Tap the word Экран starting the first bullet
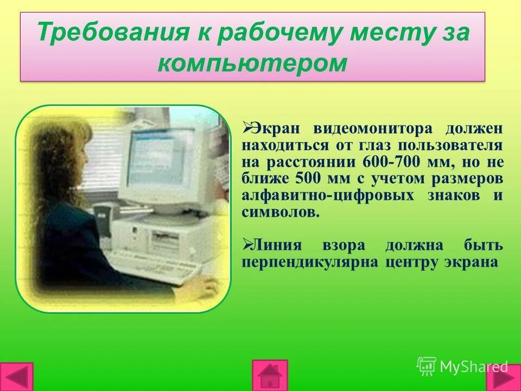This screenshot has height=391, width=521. click(x=277, y=129)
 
